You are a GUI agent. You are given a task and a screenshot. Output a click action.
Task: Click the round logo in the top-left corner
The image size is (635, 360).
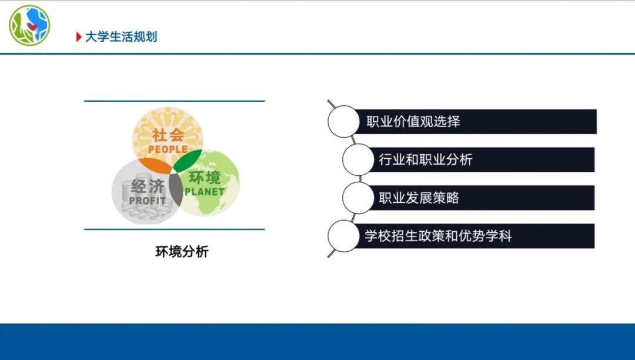click(x=29, y=25)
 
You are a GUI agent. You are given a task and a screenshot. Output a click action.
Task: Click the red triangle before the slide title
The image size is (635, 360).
click(x=79, y=37)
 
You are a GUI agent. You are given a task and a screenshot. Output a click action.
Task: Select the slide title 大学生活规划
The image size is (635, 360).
click(x=121, y=37)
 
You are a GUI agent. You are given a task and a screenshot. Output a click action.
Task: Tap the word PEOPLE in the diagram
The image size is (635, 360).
click(x=168, y=149)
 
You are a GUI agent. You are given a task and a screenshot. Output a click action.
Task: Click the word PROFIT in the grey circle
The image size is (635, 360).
click(x=148, y=201)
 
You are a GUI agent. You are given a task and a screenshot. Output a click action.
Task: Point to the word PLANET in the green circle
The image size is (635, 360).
click(x=205, y=192)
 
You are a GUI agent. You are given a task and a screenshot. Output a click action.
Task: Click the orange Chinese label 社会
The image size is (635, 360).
click(x=168, y=135)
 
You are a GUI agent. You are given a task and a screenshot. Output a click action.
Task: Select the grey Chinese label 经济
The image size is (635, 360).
click(x=148, y=186)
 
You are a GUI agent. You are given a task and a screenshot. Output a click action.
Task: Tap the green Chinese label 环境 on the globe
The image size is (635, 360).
click(x=205, y=178)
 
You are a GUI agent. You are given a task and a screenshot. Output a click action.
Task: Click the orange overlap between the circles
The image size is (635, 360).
click(x=155, y=165)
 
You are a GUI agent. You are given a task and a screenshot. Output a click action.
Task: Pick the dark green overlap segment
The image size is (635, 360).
click(x=187, y=160)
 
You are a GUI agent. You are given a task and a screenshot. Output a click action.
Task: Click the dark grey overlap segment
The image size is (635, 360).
click(x=175, y=189)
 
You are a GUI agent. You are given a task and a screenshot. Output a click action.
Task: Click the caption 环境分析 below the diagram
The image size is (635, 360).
click(x=182, y=252)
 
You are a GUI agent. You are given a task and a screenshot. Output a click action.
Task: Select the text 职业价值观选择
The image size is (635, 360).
click(x=413, y=122)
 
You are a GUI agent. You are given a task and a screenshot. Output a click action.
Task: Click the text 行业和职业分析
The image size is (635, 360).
click(x=426, y=159)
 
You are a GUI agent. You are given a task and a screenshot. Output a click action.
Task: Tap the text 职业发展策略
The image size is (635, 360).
click(x=419, y=198)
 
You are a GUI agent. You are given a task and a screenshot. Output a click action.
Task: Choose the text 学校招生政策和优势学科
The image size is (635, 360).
click(x=438, y=236)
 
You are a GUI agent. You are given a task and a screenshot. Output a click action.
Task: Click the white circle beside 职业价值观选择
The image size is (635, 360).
click(x=343, y=122)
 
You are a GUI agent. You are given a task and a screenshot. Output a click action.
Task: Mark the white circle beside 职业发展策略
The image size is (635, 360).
click(x=358, y=198)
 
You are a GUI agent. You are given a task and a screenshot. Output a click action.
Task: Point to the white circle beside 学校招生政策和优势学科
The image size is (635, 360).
click(x=343, y=236)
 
